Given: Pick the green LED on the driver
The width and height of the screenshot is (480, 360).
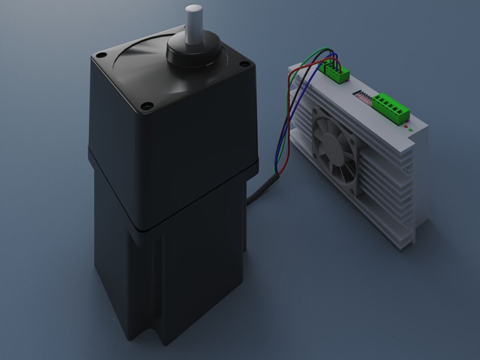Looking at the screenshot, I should pos(411,130).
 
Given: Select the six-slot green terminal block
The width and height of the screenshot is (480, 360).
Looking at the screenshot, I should pos(391,108).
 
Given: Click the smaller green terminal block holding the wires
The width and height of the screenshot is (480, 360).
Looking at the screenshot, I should pos(337,73).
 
